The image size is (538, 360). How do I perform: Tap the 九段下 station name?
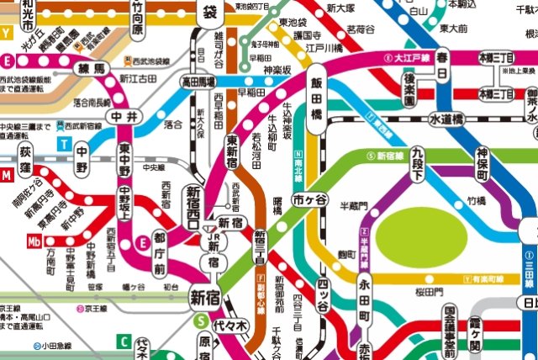pos(419,155)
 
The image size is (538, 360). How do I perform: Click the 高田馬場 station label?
pos(198,82)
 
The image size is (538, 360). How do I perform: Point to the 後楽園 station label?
pos(409,89)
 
